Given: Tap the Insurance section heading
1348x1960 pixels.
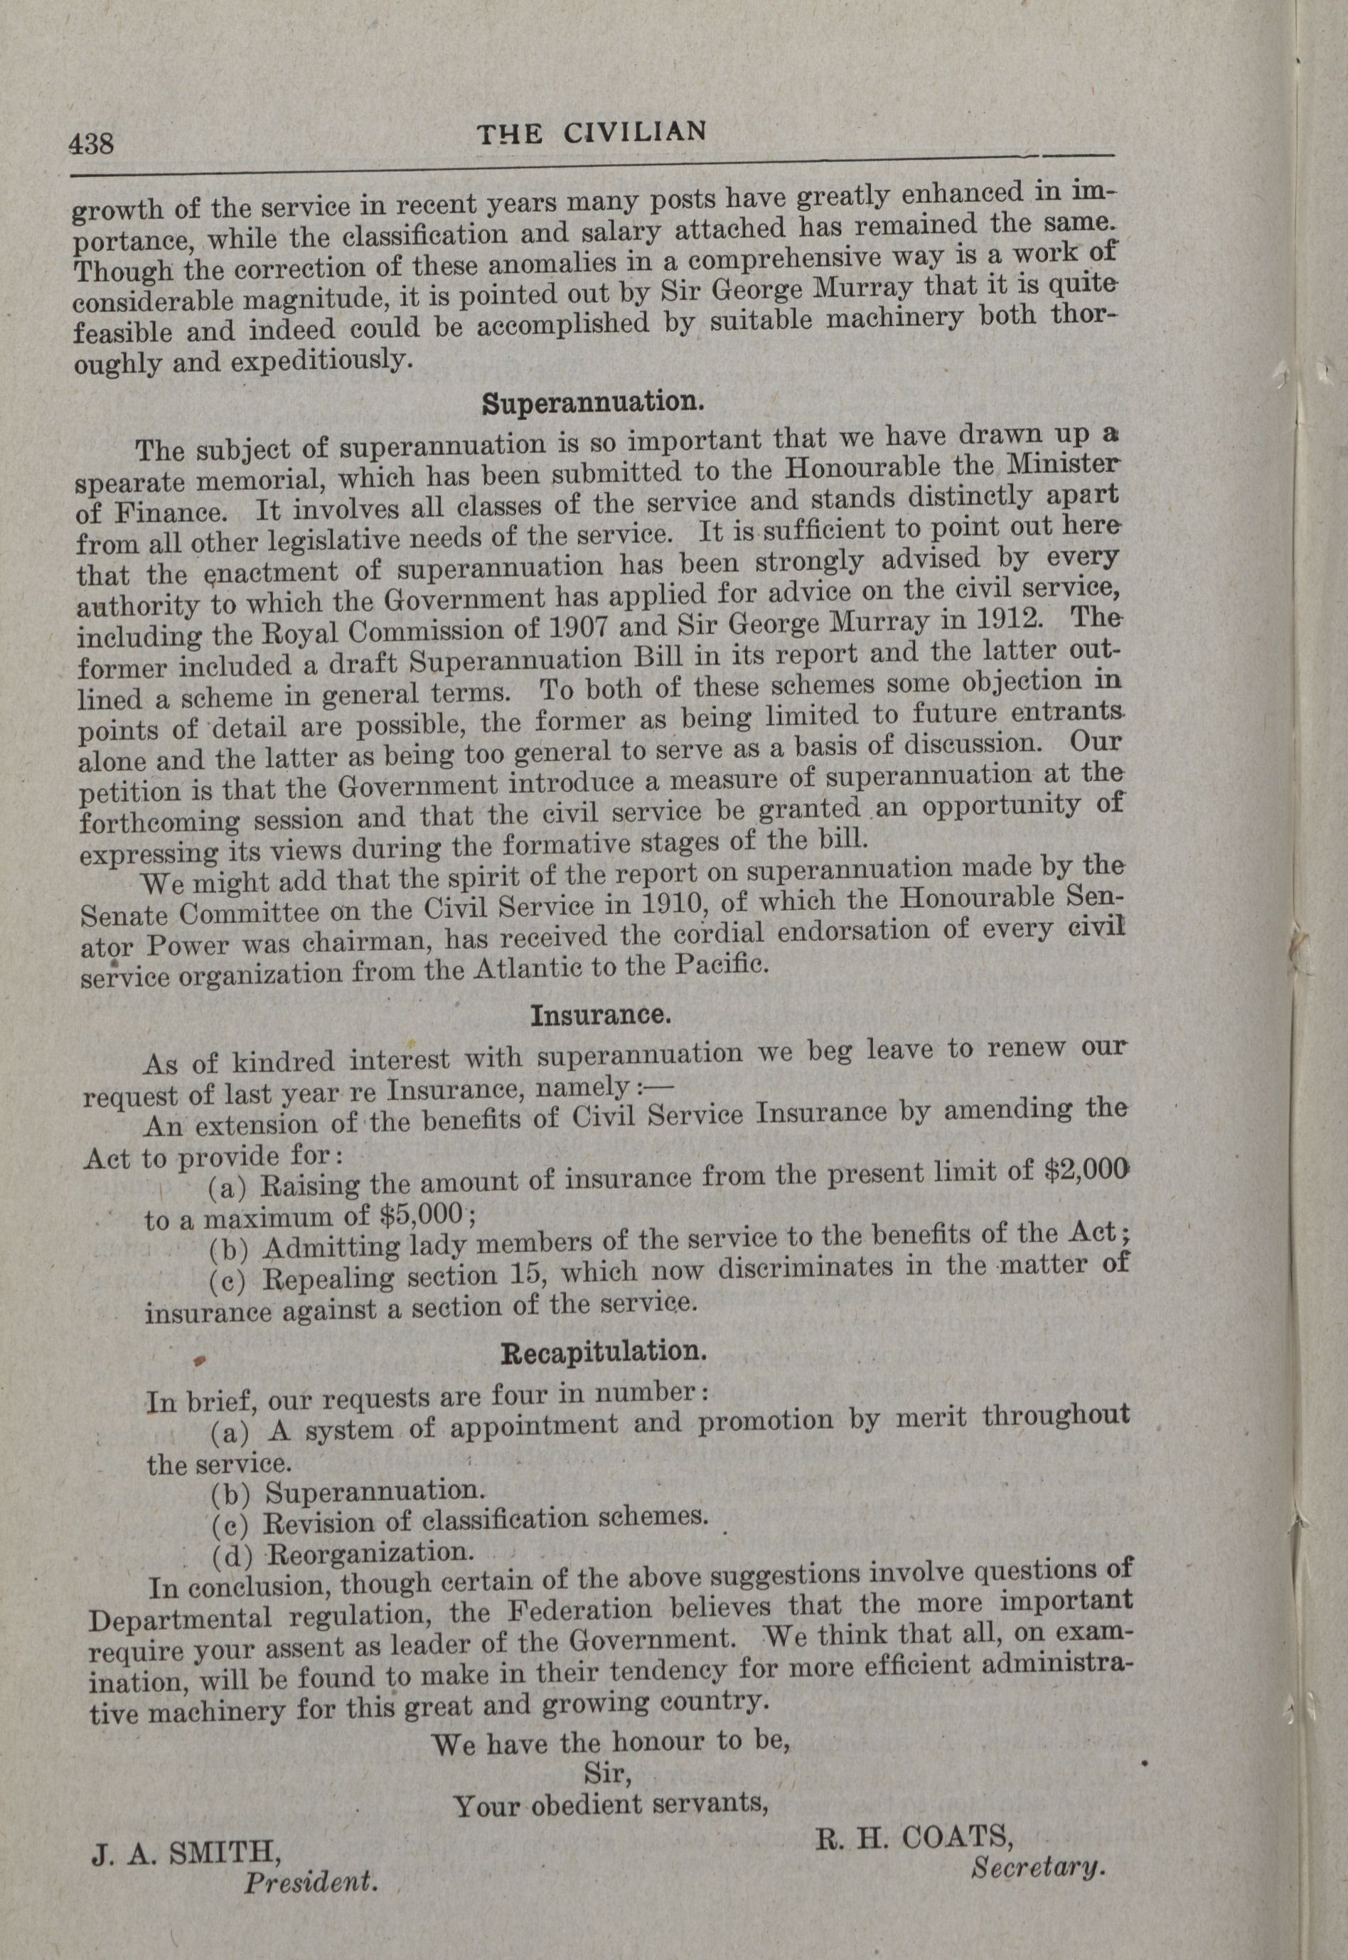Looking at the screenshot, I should pos(601,1014).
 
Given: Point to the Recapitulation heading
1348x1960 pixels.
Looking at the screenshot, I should pos(603,1351).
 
